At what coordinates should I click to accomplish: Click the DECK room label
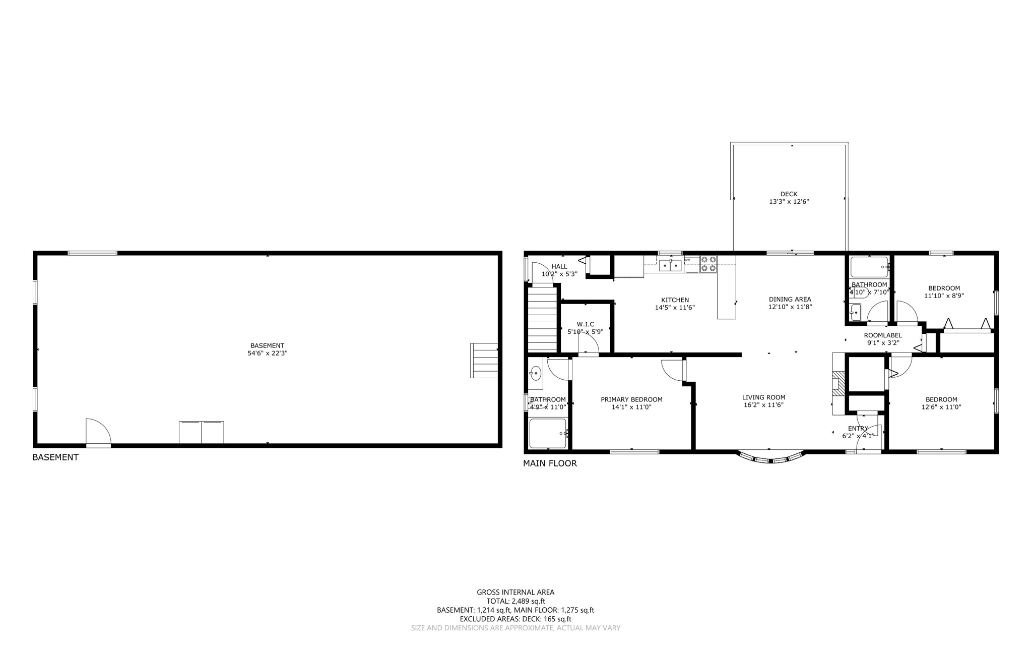coord(789,194)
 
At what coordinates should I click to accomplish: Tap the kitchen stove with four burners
coord(708,264)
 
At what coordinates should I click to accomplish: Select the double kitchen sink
coord(670,265)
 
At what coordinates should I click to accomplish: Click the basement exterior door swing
coord(98,432)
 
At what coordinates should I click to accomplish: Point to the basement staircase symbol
coord(484,360)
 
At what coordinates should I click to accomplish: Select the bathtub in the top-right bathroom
coord(869,267)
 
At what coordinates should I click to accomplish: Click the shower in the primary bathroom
coord(548,433)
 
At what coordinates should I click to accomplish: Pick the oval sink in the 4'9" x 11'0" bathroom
coord(536,374)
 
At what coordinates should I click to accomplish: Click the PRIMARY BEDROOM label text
coord(631,399)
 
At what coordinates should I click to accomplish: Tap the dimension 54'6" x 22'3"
coord(267,354)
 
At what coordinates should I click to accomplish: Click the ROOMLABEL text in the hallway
coord(883,335)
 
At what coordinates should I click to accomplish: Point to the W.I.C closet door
coord(588,345)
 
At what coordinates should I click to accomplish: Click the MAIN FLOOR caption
coord(550,463)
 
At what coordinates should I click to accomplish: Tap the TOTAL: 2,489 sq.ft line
coord(515,601)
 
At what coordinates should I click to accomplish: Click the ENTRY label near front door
coord(858,429)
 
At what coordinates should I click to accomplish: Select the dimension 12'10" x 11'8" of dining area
coord(790,307)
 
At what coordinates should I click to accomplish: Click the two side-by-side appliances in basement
coord(201,432)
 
